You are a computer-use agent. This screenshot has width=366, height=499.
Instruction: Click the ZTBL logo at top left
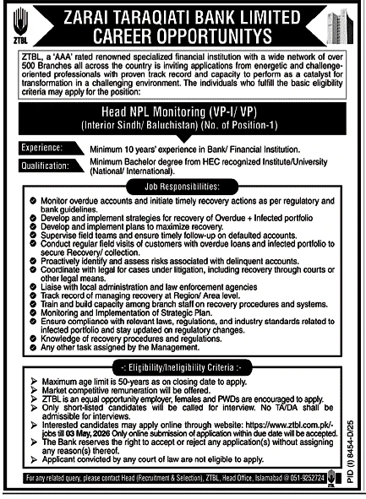(x=19, y=24)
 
